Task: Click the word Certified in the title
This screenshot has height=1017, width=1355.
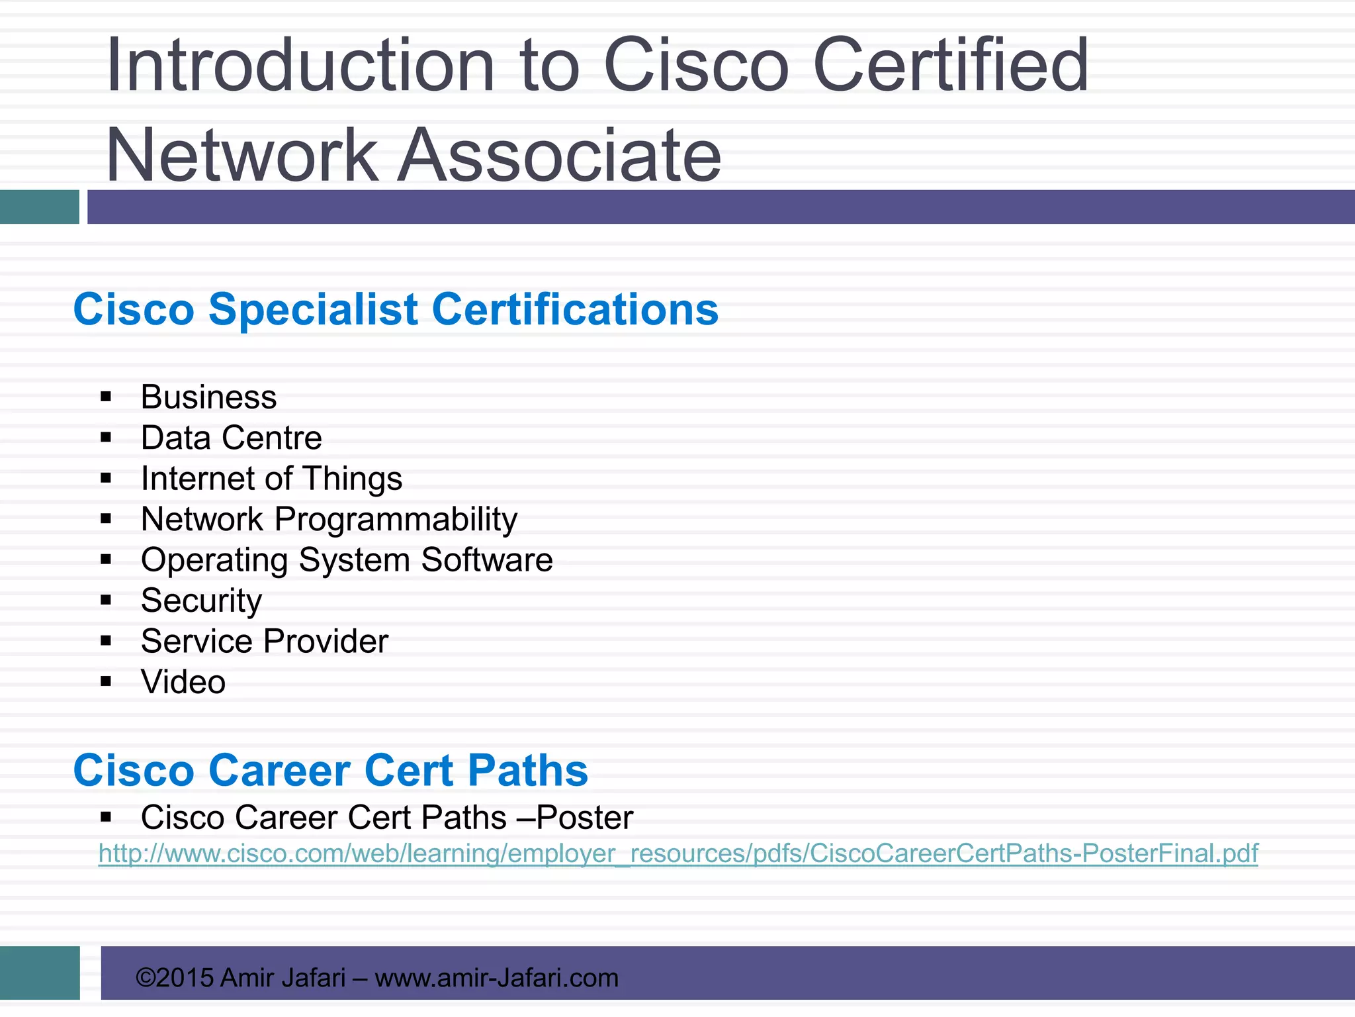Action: point(950,65)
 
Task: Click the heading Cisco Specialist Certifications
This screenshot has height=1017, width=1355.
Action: point(396,309)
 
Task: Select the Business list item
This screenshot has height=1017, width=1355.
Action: point(208,397)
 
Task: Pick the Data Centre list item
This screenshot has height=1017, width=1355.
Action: point(231,438)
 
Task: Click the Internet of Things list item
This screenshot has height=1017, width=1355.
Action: point(271,479)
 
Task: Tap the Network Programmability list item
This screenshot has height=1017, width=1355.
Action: point(329,519)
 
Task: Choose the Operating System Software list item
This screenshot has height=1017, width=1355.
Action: point(347,560)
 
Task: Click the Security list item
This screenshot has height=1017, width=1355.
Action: point(201,601)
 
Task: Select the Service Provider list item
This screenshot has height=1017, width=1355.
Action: point(264,641)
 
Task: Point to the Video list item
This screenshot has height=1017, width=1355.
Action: point(183,682)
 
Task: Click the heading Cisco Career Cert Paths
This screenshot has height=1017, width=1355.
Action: point(330,770)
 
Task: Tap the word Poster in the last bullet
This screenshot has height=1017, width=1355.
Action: point(585,817)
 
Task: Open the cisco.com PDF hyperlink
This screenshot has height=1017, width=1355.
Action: point(677,853)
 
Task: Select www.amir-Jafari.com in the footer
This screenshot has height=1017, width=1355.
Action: point(496,977)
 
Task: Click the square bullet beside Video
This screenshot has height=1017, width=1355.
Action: point(106,681)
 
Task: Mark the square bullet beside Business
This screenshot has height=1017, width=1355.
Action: point(106,397)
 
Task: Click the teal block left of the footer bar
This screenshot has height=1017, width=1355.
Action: point(40,973)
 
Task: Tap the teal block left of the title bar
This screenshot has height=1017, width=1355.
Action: point(40,207)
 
